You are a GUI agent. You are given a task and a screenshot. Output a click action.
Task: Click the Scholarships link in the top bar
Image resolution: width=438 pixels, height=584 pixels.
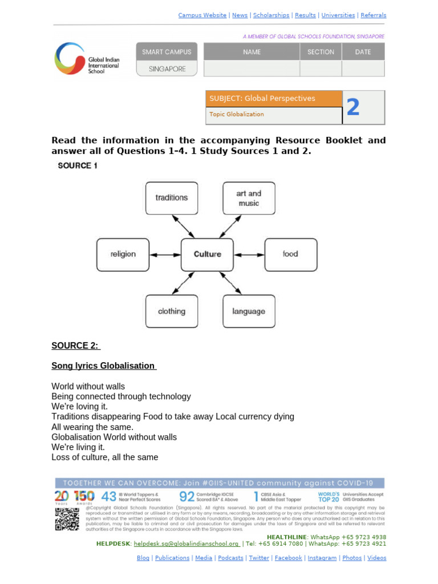pos(270,15)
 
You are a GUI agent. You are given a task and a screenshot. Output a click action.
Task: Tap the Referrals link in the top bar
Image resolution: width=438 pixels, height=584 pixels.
pos(374,15)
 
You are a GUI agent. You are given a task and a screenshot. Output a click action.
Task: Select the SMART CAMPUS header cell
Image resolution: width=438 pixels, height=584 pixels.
pos(167,52)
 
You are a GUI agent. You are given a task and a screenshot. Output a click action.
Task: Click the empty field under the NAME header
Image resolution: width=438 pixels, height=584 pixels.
pos(252,69)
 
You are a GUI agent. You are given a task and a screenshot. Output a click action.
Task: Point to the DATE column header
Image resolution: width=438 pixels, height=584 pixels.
pos(363,52)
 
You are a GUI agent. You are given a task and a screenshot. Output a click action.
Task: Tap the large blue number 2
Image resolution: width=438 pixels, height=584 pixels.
pos(353,107)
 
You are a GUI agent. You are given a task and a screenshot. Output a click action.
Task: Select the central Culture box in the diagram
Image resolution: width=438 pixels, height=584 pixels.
pos(208,254)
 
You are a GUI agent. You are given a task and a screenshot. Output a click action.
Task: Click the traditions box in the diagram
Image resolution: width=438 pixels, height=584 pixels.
pos(172,198)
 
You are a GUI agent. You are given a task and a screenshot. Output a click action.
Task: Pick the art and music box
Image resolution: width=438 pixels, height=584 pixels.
pos(249,198)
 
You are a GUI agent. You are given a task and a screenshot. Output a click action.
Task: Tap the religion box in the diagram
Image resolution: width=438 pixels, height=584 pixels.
pos(123,254)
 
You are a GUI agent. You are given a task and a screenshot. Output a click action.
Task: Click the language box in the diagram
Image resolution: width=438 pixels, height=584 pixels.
pos(249,311)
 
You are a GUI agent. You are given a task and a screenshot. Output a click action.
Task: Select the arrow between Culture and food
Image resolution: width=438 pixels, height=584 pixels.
pos(249,254)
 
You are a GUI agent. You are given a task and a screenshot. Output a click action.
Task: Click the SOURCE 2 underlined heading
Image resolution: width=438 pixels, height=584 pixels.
pos(76,346)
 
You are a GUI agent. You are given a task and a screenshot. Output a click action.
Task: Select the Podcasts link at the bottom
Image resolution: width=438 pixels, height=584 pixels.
pos(230,558)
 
